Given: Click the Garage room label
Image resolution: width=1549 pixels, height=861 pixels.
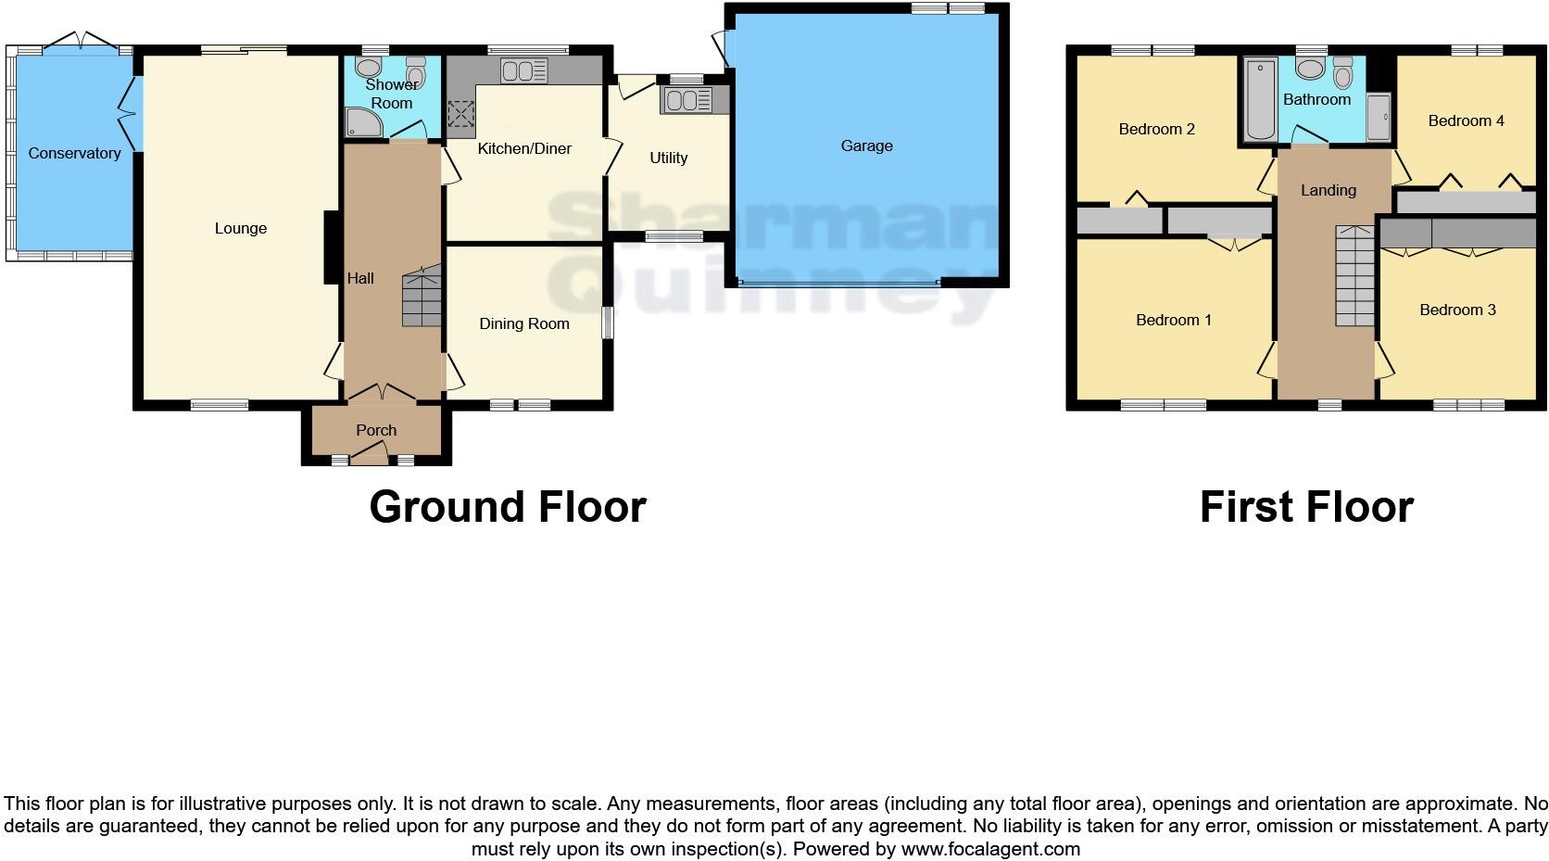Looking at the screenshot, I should click(866, 146).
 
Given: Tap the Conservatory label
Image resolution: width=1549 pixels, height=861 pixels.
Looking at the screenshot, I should click(74, 153).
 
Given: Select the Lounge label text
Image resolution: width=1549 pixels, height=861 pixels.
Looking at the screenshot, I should click(240, 228).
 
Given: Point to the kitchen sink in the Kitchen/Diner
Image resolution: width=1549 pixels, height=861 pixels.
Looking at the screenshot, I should click(523, 70).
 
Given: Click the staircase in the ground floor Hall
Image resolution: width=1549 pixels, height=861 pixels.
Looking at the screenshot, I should click(422, 297).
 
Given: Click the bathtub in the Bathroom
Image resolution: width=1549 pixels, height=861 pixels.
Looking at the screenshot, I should click(1261, 98).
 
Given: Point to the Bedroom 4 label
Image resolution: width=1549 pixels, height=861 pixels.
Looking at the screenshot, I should click(1466, 120).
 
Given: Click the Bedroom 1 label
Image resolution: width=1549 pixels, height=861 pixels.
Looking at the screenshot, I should click(1174, 320).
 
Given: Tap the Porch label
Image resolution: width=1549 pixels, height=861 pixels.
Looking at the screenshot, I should click(376, 430).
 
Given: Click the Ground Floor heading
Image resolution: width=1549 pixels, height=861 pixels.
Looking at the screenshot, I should click(507, 507).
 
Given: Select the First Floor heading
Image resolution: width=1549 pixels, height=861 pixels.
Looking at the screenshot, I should click(1305, 507).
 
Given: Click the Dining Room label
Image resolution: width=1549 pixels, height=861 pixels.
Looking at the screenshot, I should click(523, 323).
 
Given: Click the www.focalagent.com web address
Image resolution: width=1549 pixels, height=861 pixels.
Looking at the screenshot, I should click(989, 848).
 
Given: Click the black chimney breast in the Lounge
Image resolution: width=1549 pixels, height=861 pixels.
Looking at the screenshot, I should click(330, 247).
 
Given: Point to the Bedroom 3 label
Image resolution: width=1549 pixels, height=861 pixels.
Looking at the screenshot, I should click(1457, 310).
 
